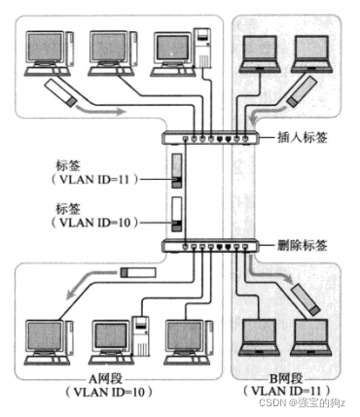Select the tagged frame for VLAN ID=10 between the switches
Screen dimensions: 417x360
[x=176, y=212]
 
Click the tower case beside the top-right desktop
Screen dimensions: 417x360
[x=205, y=49]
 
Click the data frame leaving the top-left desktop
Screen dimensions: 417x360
[x=60, y=93]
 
